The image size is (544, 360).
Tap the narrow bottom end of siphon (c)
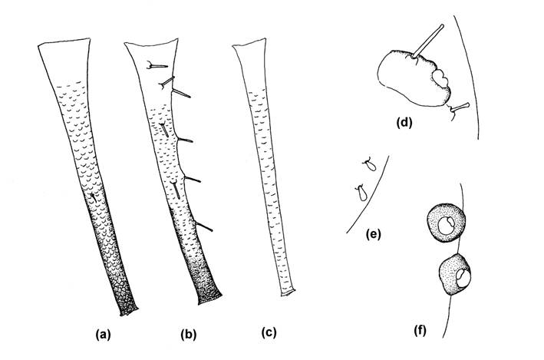tap(286, 292)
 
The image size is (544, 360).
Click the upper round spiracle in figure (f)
tap(445, 223)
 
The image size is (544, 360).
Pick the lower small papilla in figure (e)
tap(359, 193)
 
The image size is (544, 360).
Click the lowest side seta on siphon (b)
tap(204, 226)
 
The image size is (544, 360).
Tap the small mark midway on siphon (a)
tap(93, 198)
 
